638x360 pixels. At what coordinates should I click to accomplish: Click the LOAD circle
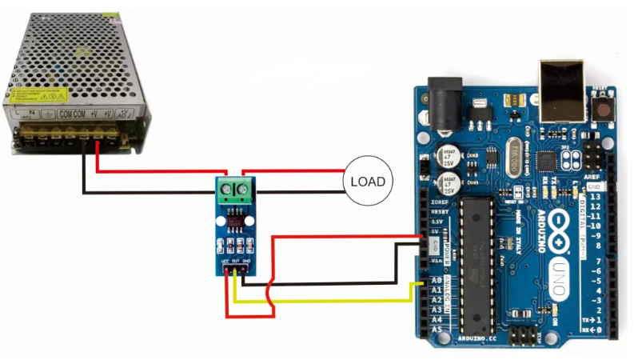pos(368,182)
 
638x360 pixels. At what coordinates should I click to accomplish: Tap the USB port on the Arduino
pos(563,88)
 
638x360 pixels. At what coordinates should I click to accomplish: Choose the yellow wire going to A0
pos(336,300)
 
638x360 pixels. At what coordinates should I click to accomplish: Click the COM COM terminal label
pos(71,115)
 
